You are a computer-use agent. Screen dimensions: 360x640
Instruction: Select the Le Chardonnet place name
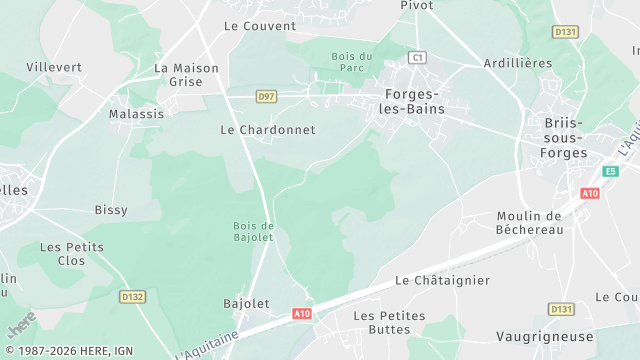(x=267, y=130)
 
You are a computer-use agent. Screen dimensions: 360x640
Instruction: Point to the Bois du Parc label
(x=351, y=63)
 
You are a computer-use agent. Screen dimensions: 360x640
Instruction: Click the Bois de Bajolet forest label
(x=254, y=231)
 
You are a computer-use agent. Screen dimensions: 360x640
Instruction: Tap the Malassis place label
(x=136, y=114)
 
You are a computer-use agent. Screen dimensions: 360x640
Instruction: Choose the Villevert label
(x=55, y=67)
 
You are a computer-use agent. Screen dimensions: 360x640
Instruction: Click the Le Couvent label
(x=260, y=26)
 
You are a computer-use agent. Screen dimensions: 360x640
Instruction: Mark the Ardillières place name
(x=517, y=63)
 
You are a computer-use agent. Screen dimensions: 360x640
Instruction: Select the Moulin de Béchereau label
(x=530, y=222)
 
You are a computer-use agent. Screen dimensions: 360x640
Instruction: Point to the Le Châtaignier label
(x=442, y=281)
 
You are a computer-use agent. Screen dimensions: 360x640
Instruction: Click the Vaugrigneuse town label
(x=544, y=337)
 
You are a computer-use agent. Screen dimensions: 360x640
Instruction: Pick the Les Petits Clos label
(x=71, y=254)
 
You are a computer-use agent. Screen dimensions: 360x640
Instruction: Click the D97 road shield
(x=266, y=96)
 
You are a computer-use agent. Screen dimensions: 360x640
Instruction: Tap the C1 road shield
(x=417, y=58)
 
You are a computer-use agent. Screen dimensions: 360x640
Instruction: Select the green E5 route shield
(x=610, y=170)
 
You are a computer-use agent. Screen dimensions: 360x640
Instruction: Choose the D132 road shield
(x=132, y=296)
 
